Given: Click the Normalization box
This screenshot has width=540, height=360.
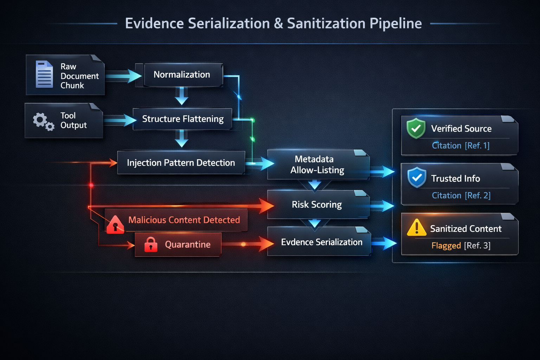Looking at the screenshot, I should click(182, 75).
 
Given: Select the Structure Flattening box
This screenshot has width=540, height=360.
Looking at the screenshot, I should click(182, 119).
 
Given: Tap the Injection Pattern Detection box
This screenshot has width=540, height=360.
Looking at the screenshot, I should click(181, 163).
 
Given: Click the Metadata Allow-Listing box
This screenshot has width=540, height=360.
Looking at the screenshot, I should click(317, 165).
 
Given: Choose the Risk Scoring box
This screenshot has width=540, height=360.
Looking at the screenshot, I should click(317, 205).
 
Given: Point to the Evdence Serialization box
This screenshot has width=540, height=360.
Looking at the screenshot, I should click(321, 242).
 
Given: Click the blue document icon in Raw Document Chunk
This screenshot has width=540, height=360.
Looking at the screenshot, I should click(44, 75).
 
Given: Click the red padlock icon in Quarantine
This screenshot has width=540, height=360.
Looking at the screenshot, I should click(151, 244).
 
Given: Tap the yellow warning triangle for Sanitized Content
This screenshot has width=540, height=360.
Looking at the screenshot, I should click(417, 227).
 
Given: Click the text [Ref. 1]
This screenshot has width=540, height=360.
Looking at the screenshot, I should click(477, 146).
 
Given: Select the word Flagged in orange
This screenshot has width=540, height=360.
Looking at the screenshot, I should click(446, 245).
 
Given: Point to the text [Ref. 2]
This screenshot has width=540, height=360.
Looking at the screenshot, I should click(478, 195).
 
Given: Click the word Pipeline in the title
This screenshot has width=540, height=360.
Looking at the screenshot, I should click(396, 24).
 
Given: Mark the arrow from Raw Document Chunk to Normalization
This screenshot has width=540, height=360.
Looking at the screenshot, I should click(123, 76).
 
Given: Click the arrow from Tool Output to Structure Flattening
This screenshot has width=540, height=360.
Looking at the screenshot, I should click(120, 120).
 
